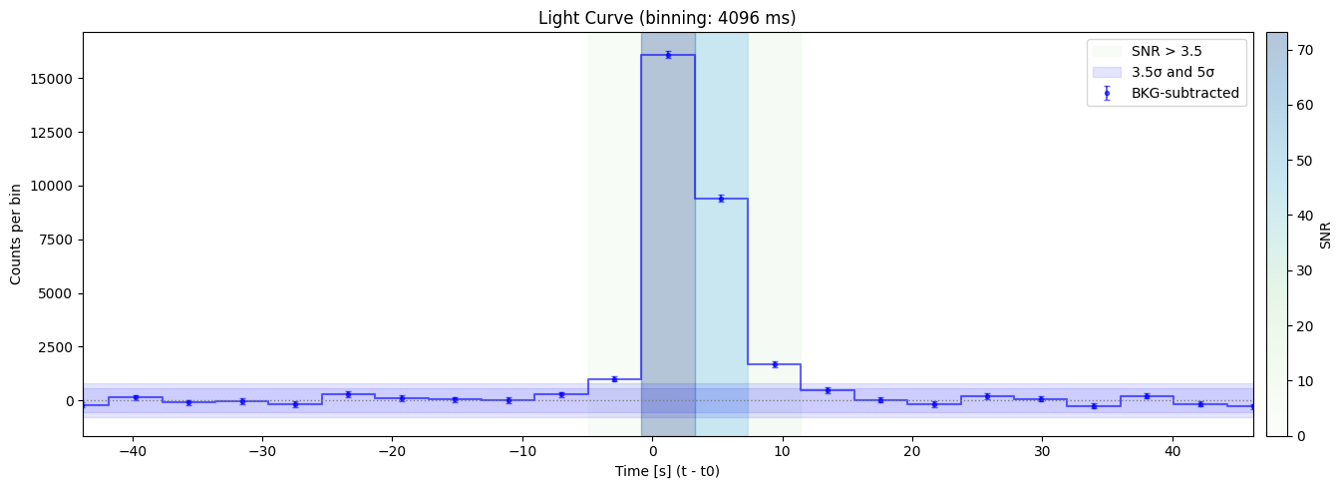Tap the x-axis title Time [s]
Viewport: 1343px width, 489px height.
pos(668,471)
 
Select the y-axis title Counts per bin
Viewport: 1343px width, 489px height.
pos(17,235)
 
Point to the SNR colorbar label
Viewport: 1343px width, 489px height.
pos(1325,235)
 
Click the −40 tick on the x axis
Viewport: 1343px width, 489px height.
pos(133,451)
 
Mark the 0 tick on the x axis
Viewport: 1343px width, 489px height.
pos(652,451)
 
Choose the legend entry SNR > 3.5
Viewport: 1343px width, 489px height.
pos(1167,51)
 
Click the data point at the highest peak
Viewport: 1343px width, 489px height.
pos(668,55)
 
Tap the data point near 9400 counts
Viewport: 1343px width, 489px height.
pos(721,199)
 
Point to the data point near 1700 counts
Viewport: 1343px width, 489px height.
pos(775,364)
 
